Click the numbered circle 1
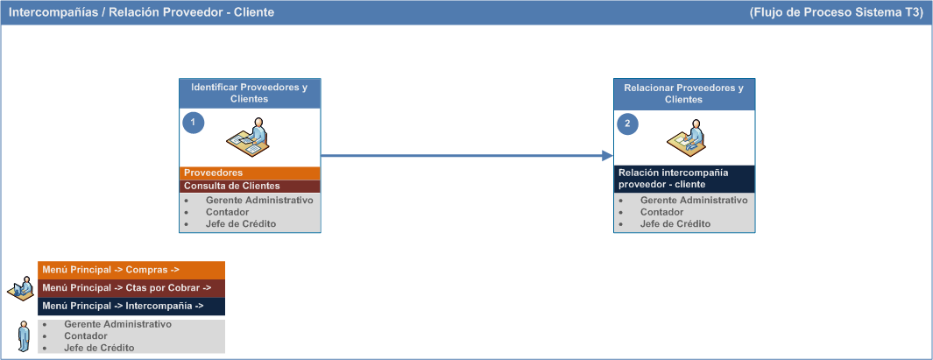tap(193, 122)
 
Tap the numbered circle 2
tap(627, 124)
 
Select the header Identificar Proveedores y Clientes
tap(250, 94)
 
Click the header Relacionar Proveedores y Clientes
tap(684, 94)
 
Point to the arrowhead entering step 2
tap(607, 156)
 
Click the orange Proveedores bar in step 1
tap(250, 173)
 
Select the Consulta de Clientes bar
tap(250, 187)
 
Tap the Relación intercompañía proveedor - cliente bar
tap(684, 179)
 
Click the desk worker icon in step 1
tap(248, 138)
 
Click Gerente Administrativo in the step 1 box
tap(259, 200)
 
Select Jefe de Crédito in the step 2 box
tap(675, 223)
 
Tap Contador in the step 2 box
tap(661, 212)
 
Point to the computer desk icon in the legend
tap(21, 287)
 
